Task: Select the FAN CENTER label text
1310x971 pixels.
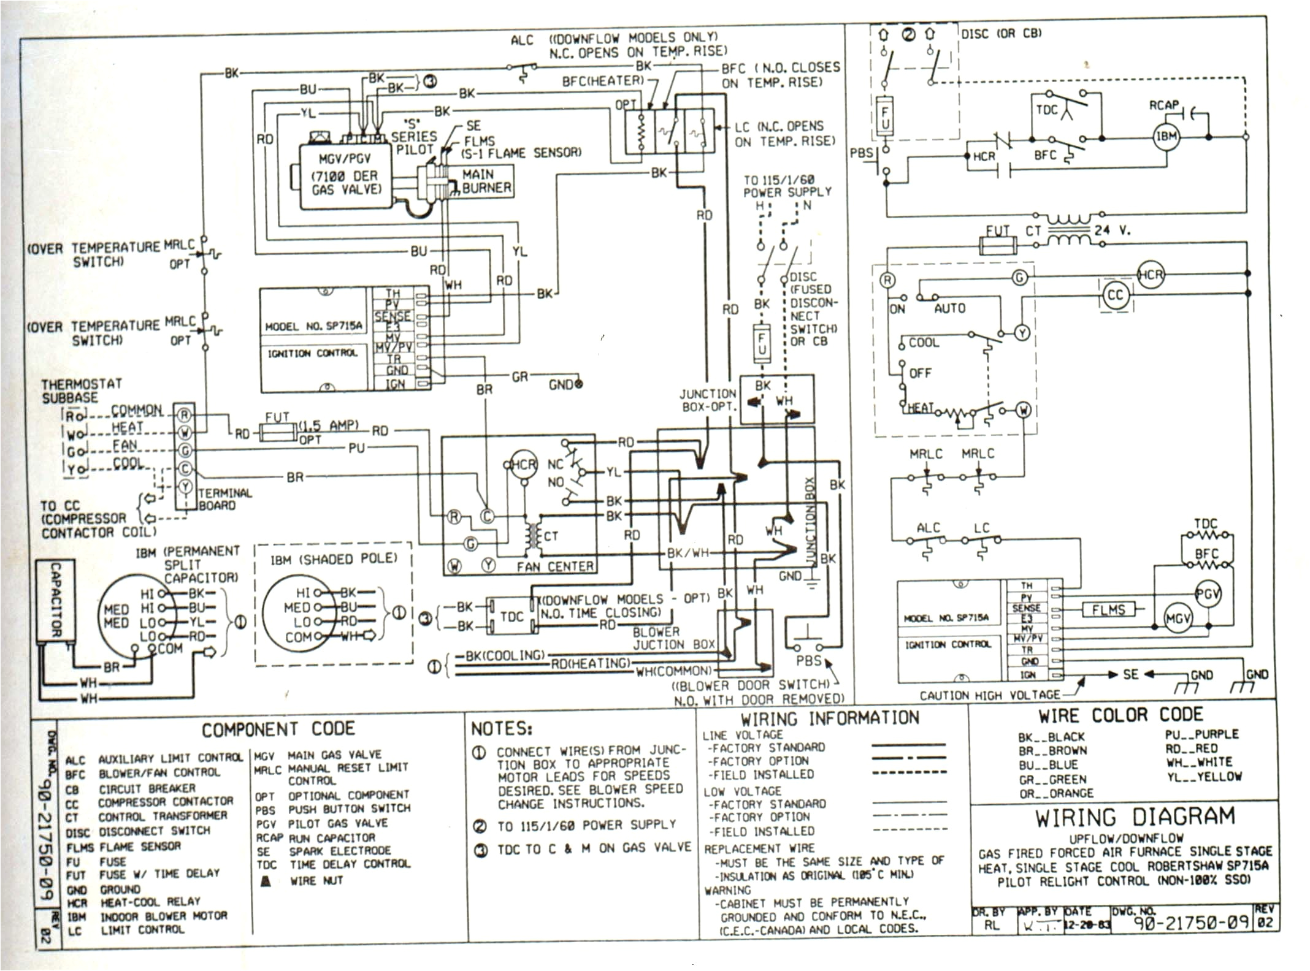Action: tap(555, 567)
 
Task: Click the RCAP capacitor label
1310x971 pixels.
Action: tap(1163, 105)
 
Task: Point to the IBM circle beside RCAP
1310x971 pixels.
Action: tap(1166, 137)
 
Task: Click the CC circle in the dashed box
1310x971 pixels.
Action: tap(1115, 295)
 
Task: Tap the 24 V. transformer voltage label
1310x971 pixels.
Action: tap(1112, 231)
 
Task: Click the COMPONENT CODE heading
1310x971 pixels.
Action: tap(278, 729)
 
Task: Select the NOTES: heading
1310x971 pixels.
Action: tap(501, 729)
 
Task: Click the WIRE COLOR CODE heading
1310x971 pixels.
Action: tap(1120, 715)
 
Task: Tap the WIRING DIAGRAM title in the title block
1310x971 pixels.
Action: tap(1126, 818)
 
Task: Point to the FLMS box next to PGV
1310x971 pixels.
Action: tap(1108, 609)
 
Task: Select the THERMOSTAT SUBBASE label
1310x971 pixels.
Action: tap(82, 390)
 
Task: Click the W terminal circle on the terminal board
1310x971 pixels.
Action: tap(185, 433)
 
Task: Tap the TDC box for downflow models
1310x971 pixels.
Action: tap(511, 616)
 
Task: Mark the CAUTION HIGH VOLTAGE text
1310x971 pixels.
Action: tap(989, 695)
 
